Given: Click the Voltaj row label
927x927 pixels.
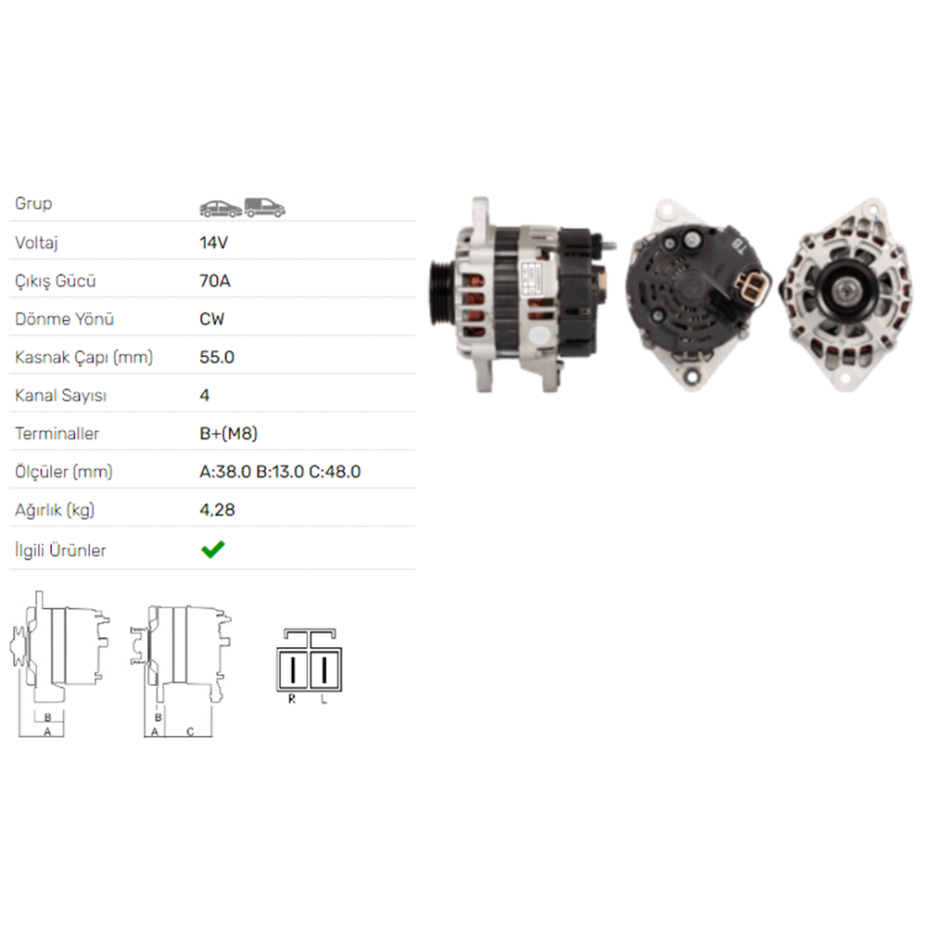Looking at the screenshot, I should click(x=38, y=242).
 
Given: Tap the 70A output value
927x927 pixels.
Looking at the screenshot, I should click(x=214, y=281).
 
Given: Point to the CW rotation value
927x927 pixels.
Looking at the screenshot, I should click(x=212, y=319).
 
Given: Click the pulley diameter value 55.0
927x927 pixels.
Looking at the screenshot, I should click(x=217, y=357).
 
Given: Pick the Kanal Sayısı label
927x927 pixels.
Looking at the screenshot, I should click(x=61, y=395).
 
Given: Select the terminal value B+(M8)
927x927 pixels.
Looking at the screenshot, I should click(x=228, y=433).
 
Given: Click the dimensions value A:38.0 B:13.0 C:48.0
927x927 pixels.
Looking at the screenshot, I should click(x=280, y=472).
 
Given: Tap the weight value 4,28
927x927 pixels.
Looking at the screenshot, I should click(x=217, y=510).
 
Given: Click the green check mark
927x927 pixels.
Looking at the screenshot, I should click(x=212, y=550).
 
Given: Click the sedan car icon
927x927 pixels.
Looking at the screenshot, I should click(x=221, y=208).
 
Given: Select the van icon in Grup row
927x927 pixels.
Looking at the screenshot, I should click(x=265, y=208).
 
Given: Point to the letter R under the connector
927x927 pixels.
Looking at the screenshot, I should click(x=291, y=699).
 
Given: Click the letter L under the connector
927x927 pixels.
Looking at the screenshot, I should click(x=324, y=699).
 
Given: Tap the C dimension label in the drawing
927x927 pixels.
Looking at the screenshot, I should click(x=189, y=731).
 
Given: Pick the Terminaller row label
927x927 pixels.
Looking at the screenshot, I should click(x=57, y=433).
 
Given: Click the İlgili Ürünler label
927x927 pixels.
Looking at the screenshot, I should click(x=61, y=550).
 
